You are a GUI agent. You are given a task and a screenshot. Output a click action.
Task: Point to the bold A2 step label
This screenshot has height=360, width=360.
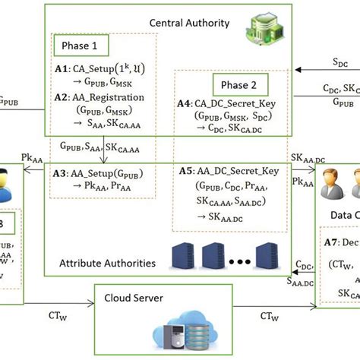(x=62, y=97)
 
